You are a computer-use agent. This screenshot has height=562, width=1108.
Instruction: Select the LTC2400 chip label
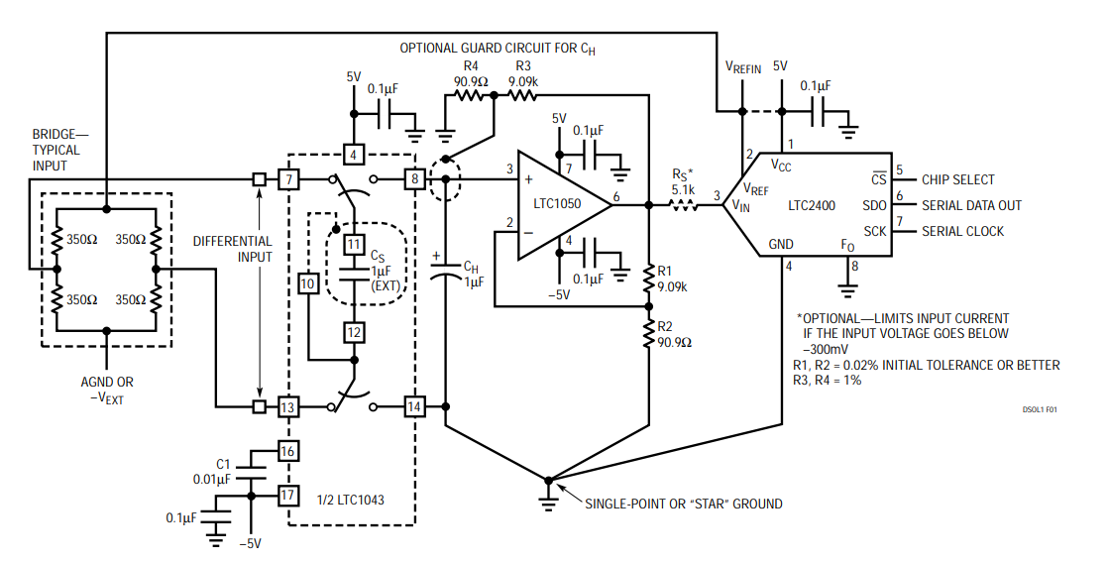click(815, 206)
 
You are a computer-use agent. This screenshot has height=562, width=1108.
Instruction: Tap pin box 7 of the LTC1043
click(288, 179)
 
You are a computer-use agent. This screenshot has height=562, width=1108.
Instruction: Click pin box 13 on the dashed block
click(288, 406)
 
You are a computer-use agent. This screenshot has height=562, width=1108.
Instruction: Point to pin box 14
click(413, 406)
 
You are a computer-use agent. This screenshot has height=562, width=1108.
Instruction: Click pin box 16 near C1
click(288, 453)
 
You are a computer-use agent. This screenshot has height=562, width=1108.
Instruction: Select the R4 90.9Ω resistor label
click(471, 74)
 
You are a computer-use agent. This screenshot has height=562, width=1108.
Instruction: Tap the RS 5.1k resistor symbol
click(684, 205)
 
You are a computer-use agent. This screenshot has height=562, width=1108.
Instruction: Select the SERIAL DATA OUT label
click(971, 205)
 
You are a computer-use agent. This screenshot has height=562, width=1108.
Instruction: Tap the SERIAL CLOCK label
click(962, 231)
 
